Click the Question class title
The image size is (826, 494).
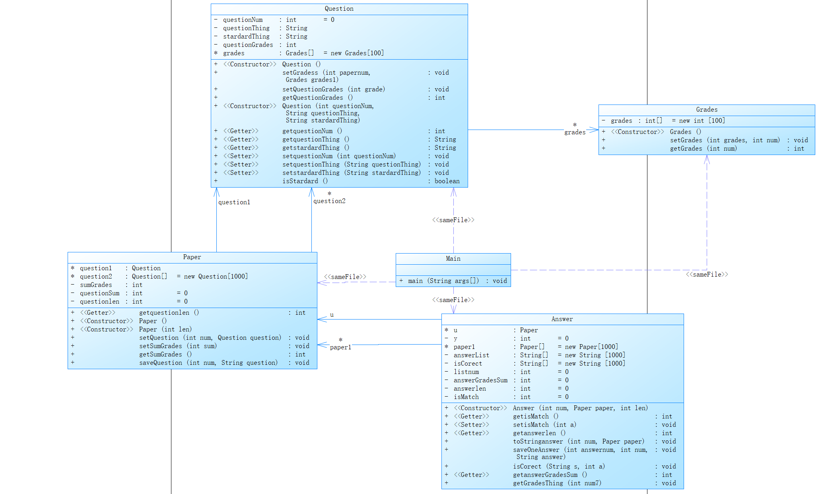(x=339, y=9)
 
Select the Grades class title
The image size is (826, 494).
(x=706, y=110)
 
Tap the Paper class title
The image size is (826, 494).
(x=192, y=257)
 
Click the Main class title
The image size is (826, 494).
(x=453, y=259)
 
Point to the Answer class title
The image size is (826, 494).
(x=562, y=319)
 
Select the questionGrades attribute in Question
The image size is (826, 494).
(x=248, y=45)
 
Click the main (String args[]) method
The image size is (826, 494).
(x=443, y=281)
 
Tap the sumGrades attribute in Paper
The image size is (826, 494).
(x=96, y=285)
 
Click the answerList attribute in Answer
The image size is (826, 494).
(x=471, y=355)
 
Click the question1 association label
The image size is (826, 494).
(x=234, y=202)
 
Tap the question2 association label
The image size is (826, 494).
(x=329, y=201)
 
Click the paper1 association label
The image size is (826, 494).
(x=340, y=347)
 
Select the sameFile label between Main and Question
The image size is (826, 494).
(x=453, y=220)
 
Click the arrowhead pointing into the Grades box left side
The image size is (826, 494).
(x=594, y=130)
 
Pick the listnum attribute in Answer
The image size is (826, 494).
(x=466, y=372)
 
